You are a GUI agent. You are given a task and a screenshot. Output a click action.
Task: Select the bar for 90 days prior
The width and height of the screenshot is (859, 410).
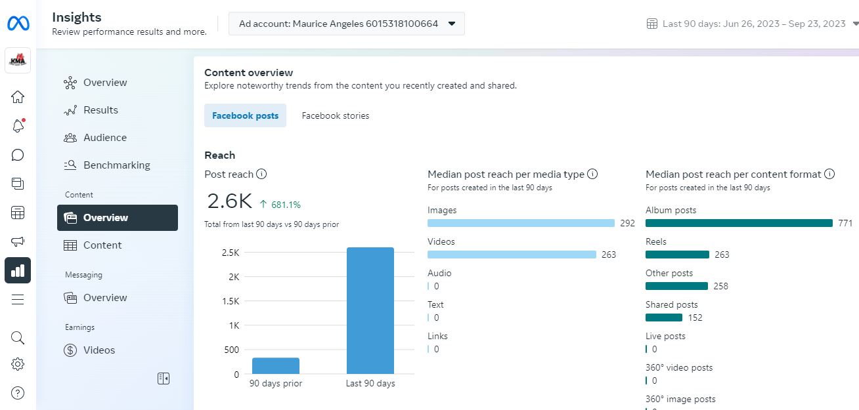point(276,365)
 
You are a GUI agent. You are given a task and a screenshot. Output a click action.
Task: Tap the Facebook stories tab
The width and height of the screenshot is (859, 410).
point(336,115)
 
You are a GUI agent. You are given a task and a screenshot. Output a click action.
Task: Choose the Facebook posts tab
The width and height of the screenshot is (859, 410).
point(245,115)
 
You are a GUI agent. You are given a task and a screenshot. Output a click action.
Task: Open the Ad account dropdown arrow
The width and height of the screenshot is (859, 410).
point(452,24)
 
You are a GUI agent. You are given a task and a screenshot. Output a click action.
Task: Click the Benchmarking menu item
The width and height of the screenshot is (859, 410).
point(116,165)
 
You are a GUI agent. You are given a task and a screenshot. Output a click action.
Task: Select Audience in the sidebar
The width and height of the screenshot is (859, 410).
point(104,138)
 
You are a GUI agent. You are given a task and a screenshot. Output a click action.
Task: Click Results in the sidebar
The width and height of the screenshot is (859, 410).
point(100,110)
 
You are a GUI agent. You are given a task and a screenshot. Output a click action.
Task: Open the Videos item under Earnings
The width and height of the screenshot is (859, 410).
point(99,350)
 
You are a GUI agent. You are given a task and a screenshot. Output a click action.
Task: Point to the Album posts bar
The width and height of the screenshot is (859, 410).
point(739,223)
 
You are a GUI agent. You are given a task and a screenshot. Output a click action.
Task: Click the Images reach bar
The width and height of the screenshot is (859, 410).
point(521,223)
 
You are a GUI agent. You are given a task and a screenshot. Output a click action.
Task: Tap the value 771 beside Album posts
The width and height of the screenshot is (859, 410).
point(845,223)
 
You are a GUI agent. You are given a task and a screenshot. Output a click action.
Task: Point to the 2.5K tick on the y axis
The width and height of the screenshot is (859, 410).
point(230,253)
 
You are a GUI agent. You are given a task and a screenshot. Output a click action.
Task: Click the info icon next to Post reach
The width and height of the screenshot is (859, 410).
point(261,174)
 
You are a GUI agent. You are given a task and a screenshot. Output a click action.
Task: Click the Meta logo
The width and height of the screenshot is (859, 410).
point(18,24)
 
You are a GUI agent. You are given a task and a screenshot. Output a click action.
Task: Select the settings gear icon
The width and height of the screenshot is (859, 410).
point(18,365)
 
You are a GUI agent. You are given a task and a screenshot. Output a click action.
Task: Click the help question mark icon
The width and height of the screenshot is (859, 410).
point(18,393)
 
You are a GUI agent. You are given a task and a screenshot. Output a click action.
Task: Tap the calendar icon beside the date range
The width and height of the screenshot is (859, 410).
point(652,24)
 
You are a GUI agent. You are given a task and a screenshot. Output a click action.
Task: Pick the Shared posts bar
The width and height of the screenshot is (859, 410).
point(664,318)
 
